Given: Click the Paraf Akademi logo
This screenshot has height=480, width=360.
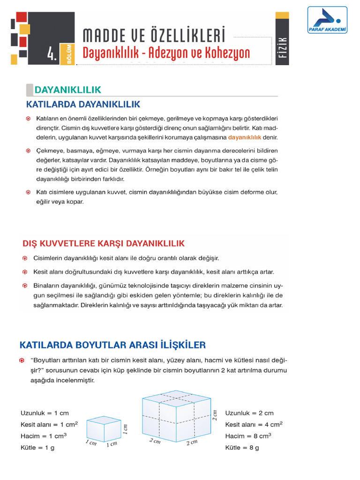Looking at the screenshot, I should (327, 21).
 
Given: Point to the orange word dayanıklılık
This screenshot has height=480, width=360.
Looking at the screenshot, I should (244, 138).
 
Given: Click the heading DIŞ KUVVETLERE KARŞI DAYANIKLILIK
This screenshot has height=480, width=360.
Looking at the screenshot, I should (104, 243).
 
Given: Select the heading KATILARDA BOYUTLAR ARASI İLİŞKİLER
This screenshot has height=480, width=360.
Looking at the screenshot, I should (112, 345).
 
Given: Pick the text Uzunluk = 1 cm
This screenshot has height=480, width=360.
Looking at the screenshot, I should (45, 413).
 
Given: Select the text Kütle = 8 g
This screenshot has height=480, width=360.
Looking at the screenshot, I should (242, 448).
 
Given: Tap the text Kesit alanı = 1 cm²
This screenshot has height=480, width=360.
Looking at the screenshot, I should (49, 424).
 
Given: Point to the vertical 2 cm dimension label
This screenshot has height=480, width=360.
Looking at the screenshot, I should (215, 415).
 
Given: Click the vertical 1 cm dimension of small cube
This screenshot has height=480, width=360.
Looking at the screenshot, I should (126, 428).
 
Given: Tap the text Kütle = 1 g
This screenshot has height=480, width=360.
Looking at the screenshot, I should (37, 448).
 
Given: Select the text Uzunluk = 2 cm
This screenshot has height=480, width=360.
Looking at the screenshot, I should (249, 413).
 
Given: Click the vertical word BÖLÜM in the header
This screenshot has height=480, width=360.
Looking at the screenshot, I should (69, 55).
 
